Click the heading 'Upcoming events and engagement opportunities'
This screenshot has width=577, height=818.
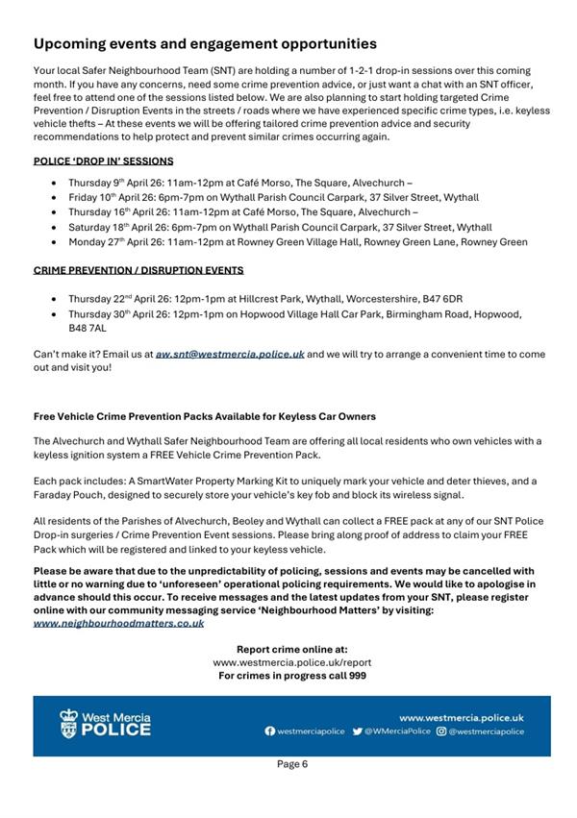click(205, 44)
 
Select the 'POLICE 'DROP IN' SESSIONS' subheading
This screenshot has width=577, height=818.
click(103, 161)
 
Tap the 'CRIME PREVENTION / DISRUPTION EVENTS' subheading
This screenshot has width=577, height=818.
click(138, 271)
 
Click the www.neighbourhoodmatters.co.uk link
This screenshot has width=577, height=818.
click(118, 623)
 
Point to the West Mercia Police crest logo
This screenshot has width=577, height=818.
click(68, 724)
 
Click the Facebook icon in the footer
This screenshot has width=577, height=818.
click(270, 731)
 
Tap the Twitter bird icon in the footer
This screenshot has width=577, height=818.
click(357, 731)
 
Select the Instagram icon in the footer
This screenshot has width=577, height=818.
click(440, 731)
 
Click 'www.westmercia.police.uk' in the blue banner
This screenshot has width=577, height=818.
click(461, 717)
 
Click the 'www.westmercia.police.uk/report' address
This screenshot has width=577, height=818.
click(291, 662)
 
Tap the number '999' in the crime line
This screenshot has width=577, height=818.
click(355, 676)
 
